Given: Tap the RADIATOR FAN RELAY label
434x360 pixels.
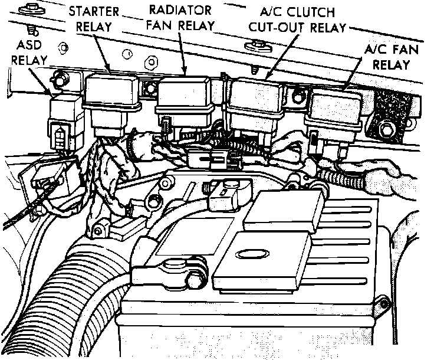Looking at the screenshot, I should pyautogui.click(x=180, y=18).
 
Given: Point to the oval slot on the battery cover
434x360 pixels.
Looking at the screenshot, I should pyautogui.click(x=248, y=254).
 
